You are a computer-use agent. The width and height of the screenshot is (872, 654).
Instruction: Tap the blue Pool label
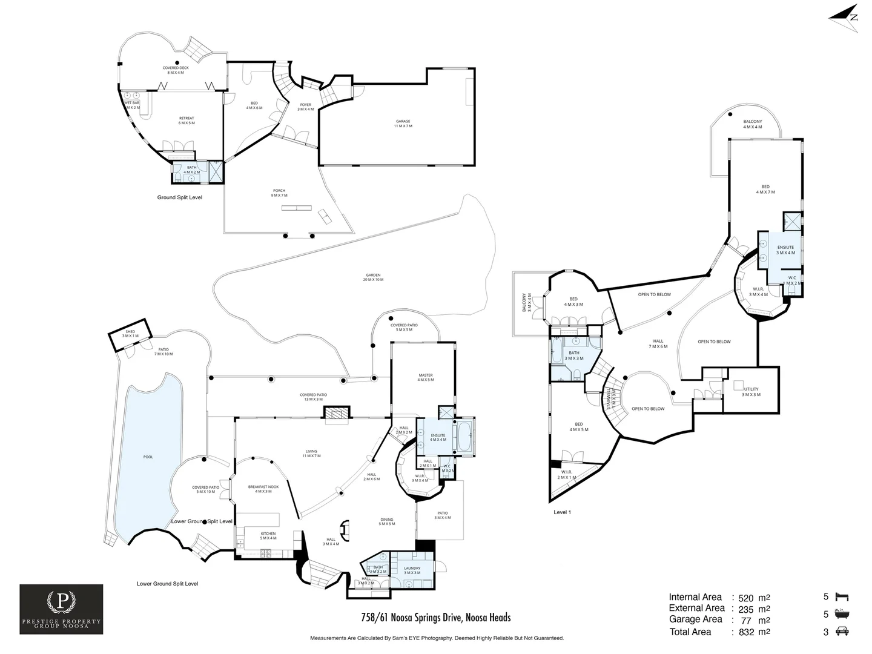[x=148, y=457]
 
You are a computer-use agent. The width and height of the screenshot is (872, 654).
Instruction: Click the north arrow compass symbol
[x=845, y=16]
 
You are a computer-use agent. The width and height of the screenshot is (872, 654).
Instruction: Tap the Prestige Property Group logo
[x=61, y=609]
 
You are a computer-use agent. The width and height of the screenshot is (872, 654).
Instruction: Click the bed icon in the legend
[x=842, y=597]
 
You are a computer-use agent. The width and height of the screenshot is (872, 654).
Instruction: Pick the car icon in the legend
[x=842, y=632]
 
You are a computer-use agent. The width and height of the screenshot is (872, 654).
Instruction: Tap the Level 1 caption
[x=563, y=512]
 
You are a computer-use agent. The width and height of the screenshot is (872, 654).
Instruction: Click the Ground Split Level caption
[x=180, y=197]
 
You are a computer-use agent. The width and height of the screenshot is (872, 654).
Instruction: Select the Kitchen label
[x=268, y=536]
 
